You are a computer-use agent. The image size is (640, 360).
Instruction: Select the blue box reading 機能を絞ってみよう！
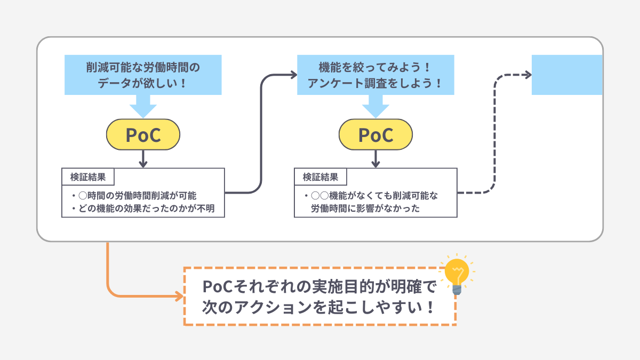(x=375, y=68)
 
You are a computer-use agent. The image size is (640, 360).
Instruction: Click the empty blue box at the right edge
(x=567, y=75)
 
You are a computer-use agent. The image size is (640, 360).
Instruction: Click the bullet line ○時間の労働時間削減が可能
(x=138, y=196)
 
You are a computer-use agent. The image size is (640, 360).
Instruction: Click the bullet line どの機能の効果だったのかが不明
(x=142, y=209)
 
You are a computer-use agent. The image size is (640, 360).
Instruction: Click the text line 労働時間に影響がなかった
(x=365, y=209)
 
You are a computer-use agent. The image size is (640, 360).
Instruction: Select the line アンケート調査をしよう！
(x=375, y=84)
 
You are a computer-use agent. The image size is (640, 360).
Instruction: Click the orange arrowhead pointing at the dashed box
(x=178, y=295)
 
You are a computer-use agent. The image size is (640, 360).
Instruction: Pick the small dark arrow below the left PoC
(x=143, y=159)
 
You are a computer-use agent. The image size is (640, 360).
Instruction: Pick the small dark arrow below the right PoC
(x=375, y=159)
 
